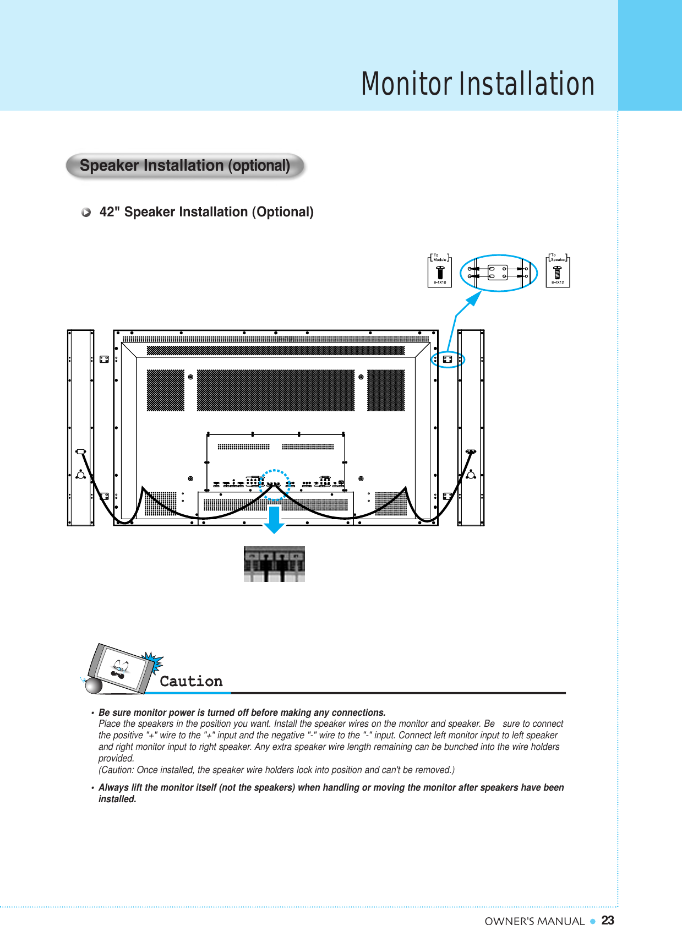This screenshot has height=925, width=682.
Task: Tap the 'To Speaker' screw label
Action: pos(557,258)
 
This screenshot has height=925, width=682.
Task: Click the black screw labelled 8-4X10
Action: pos(440,273)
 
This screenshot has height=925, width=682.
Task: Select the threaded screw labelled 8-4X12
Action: pos(557,273)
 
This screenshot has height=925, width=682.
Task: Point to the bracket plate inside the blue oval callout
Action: pos(498,273)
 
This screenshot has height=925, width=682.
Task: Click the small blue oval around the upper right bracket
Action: pos(448,360)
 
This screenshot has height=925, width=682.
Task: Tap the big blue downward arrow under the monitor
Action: pos(274,520)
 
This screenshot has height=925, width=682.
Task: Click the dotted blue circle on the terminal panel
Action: pos(275,485)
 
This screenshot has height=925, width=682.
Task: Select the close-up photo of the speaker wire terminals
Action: pos(274,564)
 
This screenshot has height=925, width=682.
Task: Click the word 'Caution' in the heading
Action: pos(191,681)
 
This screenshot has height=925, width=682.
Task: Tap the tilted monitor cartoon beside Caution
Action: pos(121,670)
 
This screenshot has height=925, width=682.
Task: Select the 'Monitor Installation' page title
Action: pos(477,84)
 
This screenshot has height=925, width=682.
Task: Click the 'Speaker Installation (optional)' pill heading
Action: pos(185,166)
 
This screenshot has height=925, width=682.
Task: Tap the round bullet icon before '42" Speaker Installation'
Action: pos(86,213)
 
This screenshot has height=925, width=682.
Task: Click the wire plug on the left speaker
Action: pos(81,451)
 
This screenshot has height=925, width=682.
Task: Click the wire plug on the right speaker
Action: pos(471,451)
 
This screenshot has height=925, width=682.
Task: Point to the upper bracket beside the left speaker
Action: pos(103,359)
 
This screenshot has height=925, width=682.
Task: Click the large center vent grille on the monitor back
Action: pos(275,390)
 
